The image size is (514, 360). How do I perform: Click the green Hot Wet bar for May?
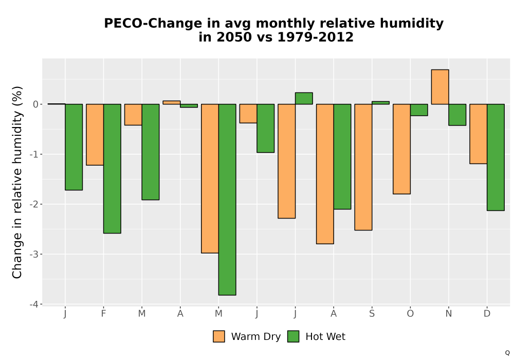coord(227,200)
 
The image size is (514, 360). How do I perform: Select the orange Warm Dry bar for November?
coord(440,87)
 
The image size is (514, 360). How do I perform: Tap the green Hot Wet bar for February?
coord(112,169)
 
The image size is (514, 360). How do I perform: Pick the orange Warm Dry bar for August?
coord(325,174)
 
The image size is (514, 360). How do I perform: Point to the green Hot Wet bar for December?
coord(495,157)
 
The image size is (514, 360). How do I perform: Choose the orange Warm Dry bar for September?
coord(363,167)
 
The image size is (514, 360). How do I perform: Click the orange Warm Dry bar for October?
coord(401,149)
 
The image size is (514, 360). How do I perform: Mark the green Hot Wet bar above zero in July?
coord(304,98)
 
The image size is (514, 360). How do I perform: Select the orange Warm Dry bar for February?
coord(95,135)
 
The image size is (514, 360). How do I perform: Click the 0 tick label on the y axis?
coord(36,104)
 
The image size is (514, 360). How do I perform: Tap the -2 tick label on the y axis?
coord(34,205)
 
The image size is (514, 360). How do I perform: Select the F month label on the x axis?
coord(104,314)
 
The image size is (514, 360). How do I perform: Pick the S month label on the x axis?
coord(372,314)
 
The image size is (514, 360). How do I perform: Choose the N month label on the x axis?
coord(448,314)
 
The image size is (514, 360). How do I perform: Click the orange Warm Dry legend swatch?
coord(219,336)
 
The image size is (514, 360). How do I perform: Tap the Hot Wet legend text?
coord(325,337)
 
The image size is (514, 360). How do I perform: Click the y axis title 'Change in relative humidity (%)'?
coord(17,182)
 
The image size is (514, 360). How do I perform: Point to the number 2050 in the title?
coord(231,37)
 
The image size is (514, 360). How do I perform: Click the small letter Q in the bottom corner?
coord(507,353)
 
